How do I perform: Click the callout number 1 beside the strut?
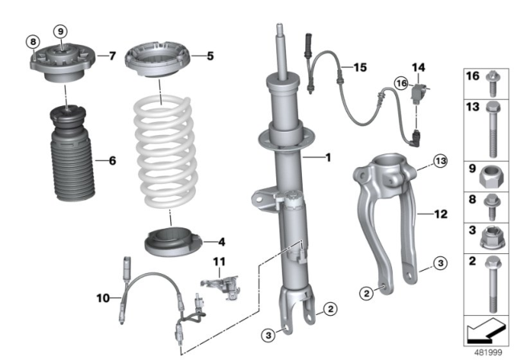328,158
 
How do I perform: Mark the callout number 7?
112,55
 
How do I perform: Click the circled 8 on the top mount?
32,42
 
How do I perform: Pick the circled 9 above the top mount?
60,31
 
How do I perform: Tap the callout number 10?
103,298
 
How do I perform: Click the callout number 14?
417,67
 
